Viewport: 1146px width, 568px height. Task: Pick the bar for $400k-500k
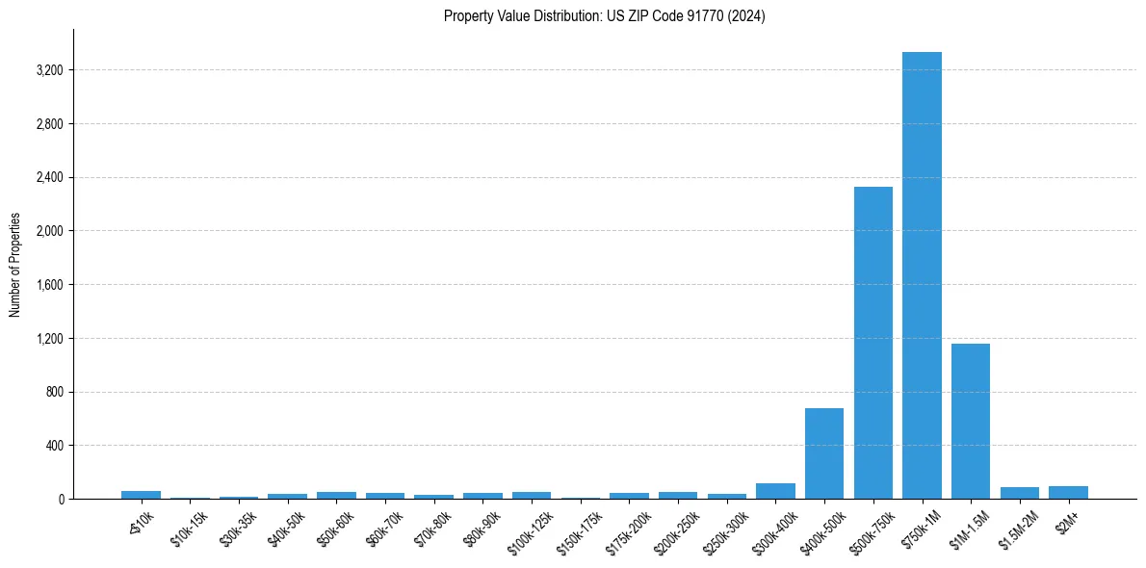click(x=824, y=453)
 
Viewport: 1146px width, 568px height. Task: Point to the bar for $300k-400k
click(x=775, y=491)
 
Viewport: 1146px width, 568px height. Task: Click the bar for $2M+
click(x=1068, y=493)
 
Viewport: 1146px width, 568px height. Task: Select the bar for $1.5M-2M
click(x=1019, y=493)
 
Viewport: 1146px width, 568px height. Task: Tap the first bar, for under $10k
click(x=141, y=495)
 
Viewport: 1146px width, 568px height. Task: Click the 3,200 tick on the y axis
click(x=50, y=70)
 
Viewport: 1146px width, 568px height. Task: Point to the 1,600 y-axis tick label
click(x=50, y=285)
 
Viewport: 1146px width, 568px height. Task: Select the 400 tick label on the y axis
click(x=55, y=446)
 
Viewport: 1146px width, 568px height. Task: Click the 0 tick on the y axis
click(x=61, y=500)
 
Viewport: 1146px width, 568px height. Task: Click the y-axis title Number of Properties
click(x=15, y=265)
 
